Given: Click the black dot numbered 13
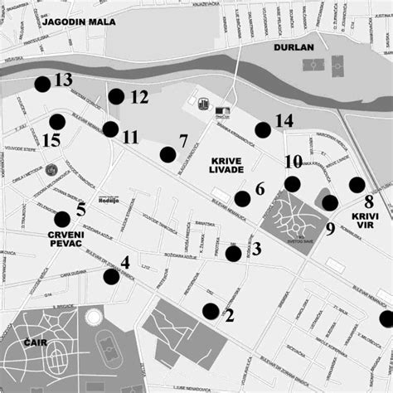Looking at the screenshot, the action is [42, 83].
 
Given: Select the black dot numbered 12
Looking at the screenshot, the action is [116, 96].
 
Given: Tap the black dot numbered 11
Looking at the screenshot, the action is [109, 129].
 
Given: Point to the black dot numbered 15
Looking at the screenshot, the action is [56, 123].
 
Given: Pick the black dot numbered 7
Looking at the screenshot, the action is [167, 153].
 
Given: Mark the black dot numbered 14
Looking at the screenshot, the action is [263, 129].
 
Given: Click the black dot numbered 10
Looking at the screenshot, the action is [292, 183].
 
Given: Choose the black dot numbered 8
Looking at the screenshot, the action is [357, 184].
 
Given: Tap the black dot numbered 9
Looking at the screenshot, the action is [329, 202].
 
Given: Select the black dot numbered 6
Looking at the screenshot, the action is [242, 198].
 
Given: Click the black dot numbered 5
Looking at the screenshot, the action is [62, 219].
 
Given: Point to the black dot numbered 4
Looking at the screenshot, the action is [110, 276].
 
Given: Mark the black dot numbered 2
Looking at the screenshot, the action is [211, 312].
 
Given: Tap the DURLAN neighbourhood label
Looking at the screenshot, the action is [295, 47].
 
